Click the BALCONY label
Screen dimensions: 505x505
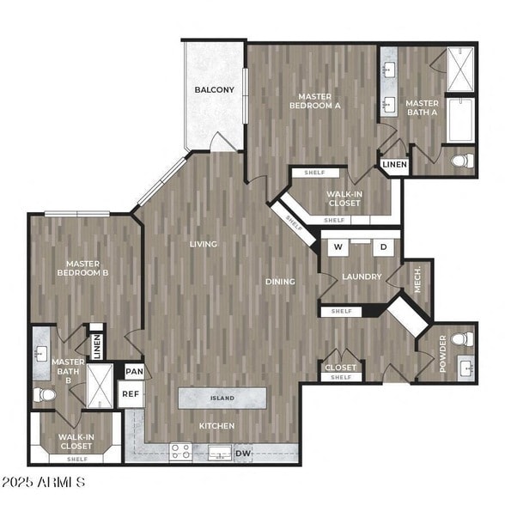click(x=214, y=89)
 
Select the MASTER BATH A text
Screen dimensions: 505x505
click(x=422, y=109)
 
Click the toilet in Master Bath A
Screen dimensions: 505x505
click(x=462, y=161)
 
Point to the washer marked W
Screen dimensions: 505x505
click(x=338, y=247)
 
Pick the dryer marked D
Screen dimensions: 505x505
click(x=383, y=247)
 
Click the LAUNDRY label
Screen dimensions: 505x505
click(x=361, y=277)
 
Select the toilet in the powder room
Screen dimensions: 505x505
click(x=464, y=338)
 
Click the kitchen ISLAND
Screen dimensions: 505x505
click(x=222, y=399)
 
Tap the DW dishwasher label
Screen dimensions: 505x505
click(x=244, y=453)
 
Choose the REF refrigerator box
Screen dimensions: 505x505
click(x=131, y=394)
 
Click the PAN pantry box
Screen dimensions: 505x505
click(x=134, y=371)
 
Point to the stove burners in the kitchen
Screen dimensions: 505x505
click(x=180, y=451)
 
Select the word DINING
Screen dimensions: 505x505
click(x=280, y=281)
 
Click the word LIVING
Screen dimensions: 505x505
click(x=204, y=244)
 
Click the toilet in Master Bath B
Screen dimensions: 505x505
click(x=45, y=394)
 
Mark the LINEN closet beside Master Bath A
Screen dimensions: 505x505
click(x=394, y=164)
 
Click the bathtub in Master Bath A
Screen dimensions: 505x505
click(x=461, y=119)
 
